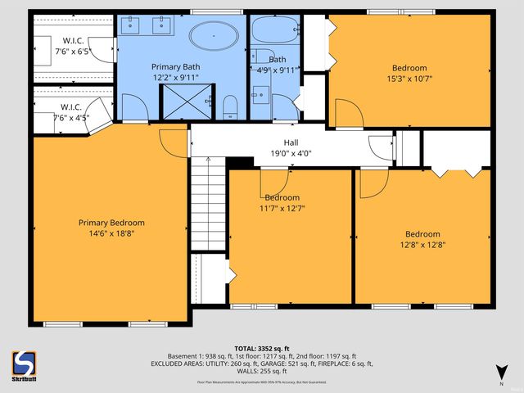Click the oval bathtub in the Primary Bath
215,35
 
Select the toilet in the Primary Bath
229,105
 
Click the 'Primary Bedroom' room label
111,223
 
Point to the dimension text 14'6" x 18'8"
111,233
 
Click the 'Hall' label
291,142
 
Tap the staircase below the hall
208,205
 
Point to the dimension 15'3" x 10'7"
409,79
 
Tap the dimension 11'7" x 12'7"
282,208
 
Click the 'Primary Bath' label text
174,65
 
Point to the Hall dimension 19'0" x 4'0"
291,152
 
